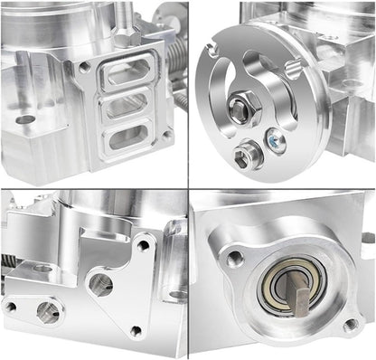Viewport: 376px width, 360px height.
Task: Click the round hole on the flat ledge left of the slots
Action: (x=25, y=118)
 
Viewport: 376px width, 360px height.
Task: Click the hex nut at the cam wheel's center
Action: (x=240, y=111)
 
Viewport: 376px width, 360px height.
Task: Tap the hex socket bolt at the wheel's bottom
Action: (x=243, y=156)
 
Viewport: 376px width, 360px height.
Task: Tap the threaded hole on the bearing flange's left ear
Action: (x=236, y=259)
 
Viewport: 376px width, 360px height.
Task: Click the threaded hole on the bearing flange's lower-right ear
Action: (x=350, y=324)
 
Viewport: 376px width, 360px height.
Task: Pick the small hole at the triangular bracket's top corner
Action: (x=144, y=245)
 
